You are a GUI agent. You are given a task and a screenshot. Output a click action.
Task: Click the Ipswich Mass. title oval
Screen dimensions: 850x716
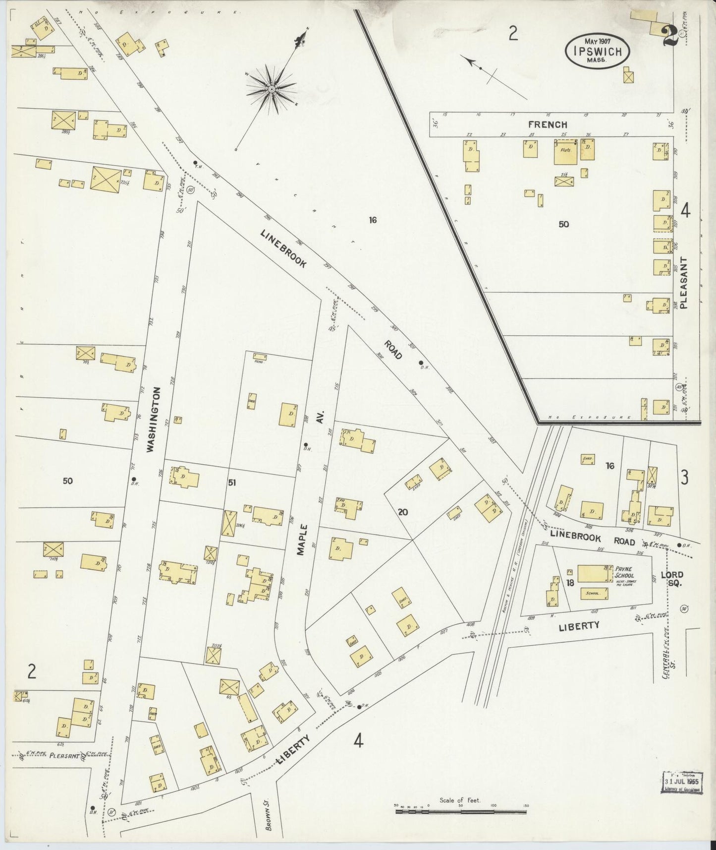[598, 51]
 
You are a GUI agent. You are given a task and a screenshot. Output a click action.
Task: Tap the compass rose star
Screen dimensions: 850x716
[271, 89]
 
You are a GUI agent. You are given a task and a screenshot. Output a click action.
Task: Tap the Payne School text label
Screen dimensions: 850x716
[626, 572]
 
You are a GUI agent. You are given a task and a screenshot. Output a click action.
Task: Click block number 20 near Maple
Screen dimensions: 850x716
[402, 512]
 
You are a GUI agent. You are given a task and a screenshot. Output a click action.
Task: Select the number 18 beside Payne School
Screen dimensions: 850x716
[570, 583]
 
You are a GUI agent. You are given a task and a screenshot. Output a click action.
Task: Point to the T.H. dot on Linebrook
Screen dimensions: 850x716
[195, 163]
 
